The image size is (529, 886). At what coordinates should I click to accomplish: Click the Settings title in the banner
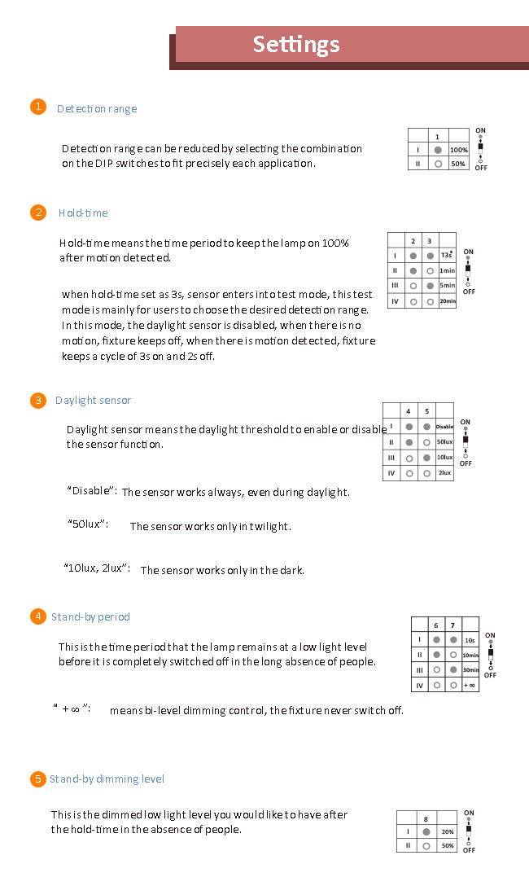pos(296,44)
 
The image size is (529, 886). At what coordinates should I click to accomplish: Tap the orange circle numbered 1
pos(37,107)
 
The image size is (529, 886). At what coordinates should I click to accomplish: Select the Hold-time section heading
pos(83,213)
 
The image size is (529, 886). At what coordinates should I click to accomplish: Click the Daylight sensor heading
pos(93,401)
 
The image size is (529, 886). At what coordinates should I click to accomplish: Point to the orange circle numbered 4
pos(37,616)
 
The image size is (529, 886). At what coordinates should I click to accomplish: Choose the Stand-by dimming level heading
pos(107,779)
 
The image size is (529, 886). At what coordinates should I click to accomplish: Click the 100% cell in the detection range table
pos(459,150)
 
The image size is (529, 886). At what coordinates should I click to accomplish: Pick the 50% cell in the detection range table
pos(459,164)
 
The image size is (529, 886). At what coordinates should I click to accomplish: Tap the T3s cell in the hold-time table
pos(447,256)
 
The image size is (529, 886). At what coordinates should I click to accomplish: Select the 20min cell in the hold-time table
pos(448,301)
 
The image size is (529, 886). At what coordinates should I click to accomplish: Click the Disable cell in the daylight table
pos(444,426)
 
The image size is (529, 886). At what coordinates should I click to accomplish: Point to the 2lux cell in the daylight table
pos(444,472)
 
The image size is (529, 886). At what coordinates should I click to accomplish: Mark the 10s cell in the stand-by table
pos(470,640)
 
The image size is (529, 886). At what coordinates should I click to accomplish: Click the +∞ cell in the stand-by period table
pos(469,685)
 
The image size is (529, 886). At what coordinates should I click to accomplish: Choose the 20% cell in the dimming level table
pos(448,832)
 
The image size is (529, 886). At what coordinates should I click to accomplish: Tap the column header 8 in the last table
pos(426,819)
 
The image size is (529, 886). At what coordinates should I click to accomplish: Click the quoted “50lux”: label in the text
pos(88,524)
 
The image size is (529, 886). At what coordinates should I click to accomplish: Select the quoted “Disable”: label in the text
pos(92,490)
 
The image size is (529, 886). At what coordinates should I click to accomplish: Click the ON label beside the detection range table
pos(480,131)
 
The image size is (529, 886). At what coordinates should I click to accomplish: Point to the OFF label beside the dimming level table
pos(470,850)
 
